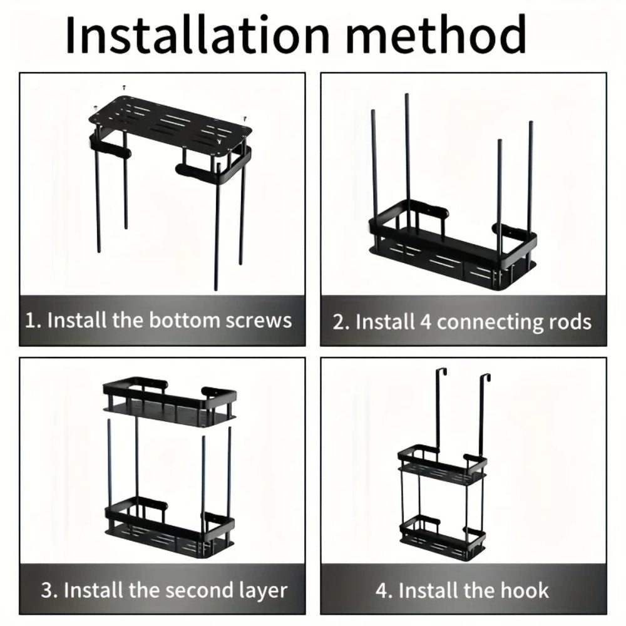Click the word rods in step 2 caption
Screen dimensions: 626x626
568,322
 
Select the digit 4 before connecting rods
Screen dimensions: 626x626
425,322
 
